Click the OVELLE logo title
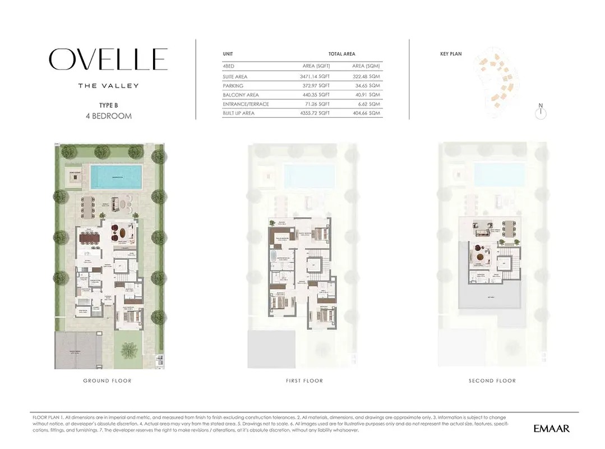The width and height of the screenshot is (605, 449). coord(108,59)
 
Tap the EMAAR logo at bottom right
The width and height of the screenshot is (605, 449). coord(551,429)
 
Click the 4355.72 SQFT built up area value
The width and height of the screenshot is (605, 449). coord(315,113)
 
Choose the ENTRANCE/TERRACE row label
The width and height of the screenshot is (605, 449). coord(246,104)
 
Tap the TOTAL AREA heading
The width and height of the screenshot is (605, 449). coord(341,54)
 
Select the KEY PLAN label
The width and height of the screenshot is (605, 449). coord(451,54)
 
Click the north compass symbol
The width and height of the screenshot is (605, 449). coord(541,113)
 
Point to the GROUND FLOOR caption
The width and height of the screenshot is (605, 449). coord(107,381)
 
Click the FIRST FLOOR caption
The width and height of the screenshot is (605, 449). coord(304,381)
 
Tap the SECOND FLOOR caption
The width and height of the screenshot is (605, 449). coord(492,381)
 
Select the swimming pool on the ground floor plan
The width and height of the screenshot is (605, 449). coord(117,177)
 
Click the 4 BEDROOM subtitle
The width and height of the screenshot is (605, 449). coord(108,116)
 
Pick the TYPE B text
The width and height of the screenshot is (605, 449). coord(108,105)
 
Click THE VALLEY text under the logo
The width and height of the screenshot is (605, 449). coord(108,86)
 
